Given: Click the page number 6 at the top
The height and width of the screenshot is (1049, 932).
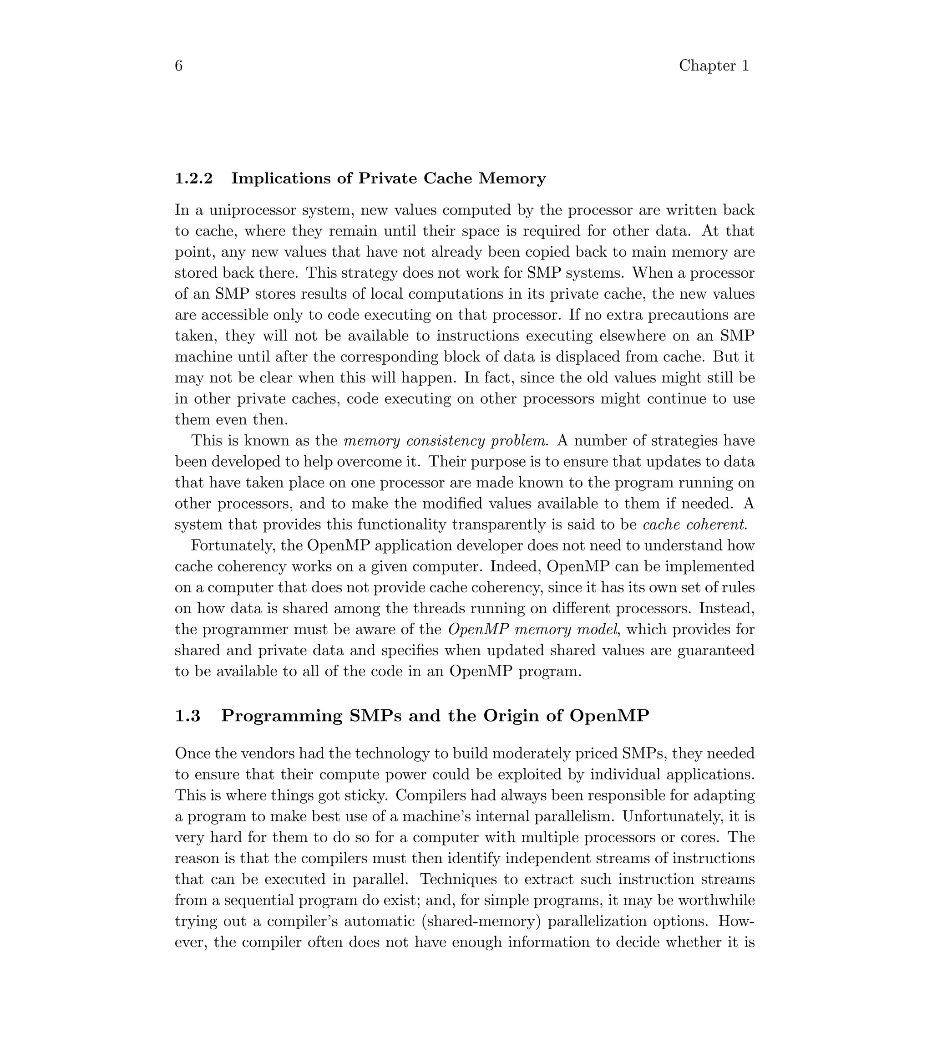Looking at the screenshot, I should click(x=178, y=66).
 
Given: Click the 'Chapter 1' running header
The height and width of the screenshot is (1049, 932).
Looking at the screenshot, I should click(x=714, y=66).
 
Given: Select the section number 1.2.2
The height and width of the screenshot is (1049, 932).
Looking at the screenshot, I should click(x=193, y=178).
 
